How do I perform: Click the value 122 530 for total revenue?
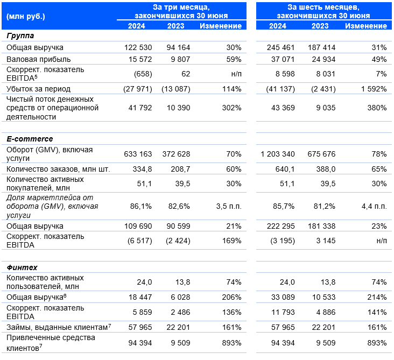tap(138, 47)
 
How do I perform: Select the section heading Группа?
tap(20, 36)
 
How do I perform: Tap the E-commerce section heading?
tap(30, 139)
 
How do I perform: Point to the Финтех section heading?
tap(22, 267)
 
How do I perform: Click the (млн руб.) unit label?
tap(26, 17)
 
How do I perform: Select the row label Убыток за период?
tap(38, 89)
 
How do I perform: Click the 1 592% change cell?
tap(374, 89)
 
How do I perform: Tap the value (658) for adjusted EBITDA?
tap(143, 74)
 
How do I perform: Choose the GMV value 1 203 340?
tap(278, 154)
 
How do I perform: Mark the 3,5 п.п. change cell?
tap(229, 207)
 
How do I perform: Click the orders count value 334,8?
tap(142, 169)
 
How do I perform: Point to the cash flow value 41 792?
tap(140, 108)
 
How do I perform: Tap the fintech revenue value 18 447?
tap(140, 297)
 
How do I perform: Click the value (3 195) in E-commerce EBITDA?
tap(283, 241)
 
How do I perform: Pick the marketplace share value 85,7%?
tap(284, 207)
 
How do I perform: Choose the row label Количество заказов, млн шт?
tap(58, 169)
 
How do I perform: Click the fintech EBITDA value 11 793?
tap(283, 312)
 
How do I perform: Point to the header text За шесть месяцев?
tap(323, 7)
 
